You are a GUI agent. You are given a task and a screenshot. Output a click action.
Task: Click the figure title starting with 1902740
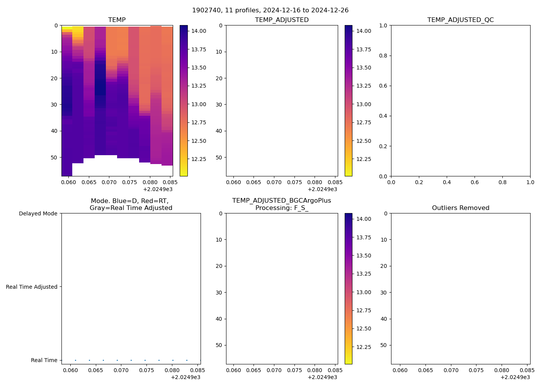(x=270, y=10)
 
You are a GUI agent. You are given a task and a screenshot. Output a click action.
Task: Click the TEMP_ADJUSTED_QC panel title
(x=460, y=20)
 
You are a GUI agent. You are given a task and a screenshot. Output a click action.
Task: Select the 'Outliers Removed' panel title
(x=460, y=208)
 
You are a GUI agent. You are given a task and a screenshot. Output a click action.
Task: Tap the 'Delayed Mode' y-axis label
(x=38, y=213)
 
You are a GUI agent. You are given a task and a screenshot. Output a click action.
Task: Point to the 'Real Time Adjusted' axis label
(x=31, y=287)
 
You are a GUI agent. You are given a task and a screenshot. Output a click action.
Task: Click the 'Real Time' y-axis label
(x=44, y=360)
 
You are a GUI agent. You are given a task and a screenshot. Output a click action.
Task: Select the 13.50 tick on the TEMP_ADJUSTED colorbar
(x=364, y=68)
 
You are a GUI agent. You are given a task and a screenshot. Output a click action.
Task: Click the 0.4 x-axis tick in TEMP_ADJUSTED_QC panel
(x=447, y=182)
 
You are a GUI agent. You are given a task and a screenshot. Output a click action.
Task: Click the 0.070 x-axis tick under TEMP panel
(x=109, y=182)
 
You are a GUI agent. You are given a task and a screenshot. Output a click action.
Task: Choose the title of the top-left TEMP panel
(x=117, y=20)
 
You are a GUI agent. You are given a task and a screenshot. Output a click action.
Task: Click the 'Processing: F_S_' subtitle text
(x=282, y=208)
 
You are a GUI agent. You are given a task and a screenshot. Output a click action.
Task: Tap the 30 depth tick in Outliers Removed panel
(x=383, y=293)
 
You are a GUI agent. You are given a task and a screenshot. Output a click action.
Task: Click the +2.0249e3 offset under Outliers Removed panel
(x=515, y=377)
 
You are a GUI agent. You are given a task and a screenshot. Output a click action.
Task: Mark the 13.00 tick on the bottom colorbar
(x=364, y=292)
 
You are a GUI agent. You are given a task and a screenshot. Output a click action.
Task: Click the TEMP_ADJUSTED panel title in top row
(x=282, y=20)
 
